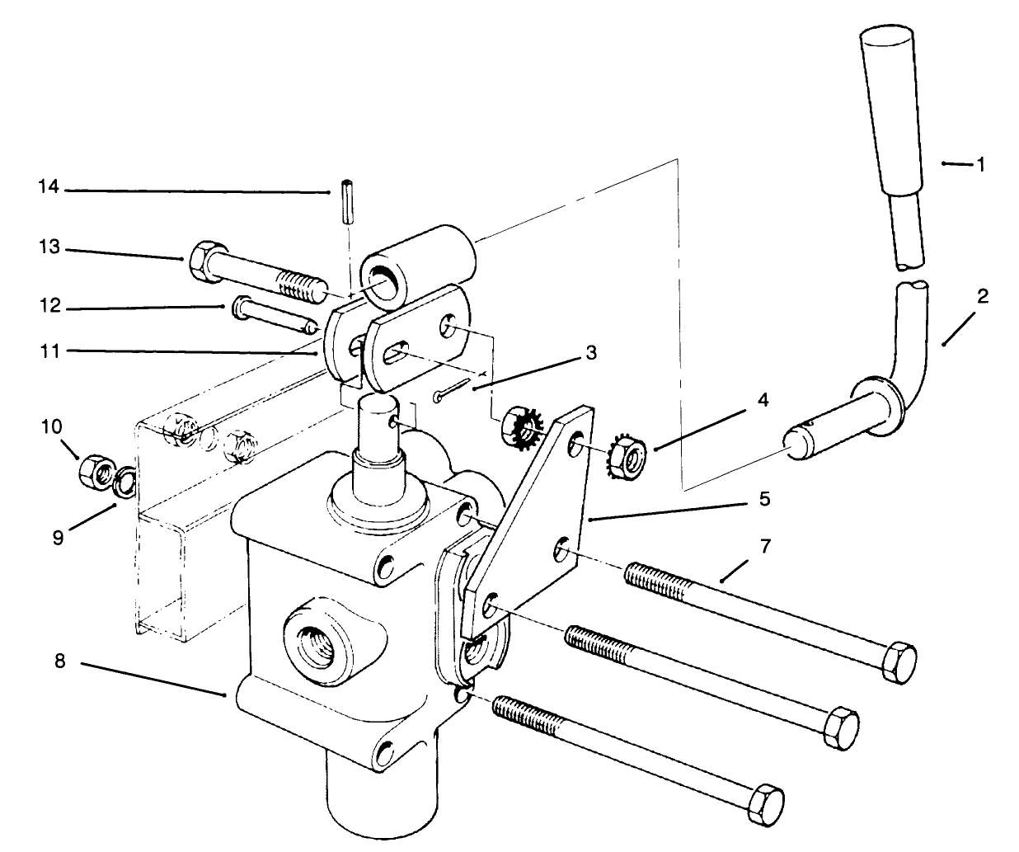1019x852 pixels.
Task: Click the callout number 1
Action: click(980, 164)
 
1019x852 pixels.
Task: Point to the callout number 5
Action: click(764, 498)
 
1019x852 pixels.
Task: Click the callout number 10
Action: click(50, 426)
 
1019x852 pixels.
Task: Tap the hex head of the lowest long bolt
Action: click(764, 799)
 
